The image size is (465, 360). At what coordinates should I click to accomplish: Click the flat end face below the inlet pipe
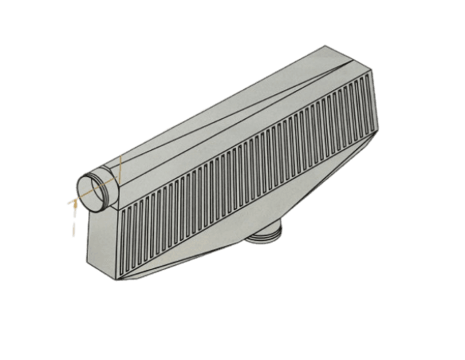[102, 239]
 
